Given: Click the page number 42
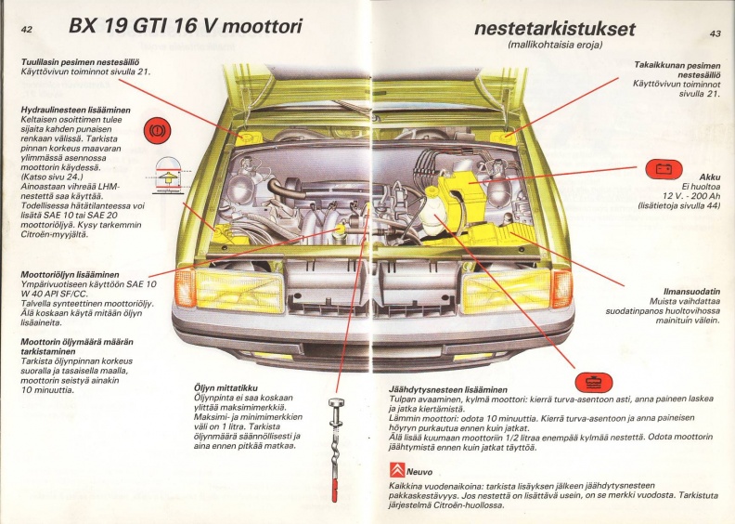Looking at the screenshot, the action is pos(27,29).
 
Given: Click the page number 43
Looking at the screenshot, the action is pos(716,33).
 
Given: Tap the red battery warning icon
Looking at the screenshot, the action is pos(664,169).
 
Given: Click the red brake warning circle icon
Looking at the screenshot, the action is pos(157,130).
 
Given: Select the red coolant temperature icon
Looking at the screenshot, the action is pos(594,382).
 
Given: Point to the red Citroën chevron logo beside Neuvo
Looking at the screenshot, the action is pos(396,469).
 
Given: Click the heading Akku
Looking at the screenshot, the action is pos(709,177).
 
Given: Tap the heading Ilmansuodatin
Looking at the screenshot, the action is pos(691,292).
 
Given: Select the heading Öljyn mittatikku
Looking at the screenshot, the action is pos(226,388).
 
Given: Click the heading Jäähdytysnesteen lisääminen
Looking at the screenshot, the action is pos(447,390).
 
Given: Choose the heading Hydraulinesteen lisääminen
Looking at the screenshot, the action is pos(75,111).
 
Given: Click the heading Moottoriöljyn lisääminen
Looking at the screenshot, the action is pos(70,274).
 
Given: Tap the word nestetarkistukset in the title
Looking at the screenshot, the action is pos(555,29).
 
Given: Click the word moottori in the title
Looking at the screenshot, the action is pos(262,26).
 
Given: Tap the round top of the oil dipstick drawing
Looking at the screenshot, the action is pos(336,402).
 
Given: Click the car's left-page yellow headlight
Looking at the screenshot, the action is pos(240,292).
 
